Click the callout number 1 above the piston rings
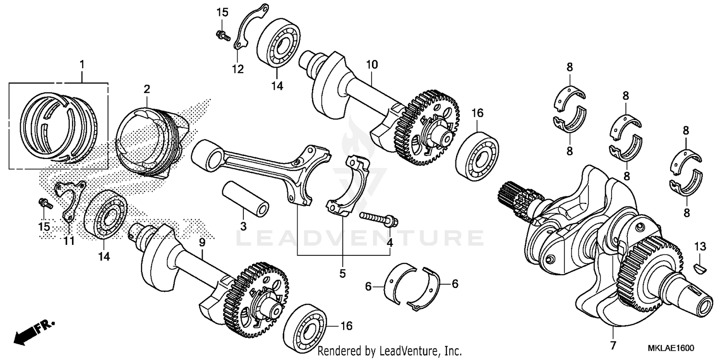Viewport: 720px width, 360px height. (82, 64)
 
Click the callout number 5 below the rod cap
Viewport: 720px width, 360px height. (342, 274)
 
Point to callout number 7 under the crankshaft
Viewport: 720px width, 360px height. (612, 346)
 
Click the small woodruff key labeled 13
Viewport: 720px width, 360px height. (700, 264)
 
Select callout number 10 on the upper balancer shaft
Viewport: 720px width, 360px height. (372, 64)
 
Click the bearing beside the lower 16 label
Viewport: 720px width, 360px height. (305, 327)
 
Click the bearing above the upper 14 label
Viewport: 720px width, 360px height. (278, 43)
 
